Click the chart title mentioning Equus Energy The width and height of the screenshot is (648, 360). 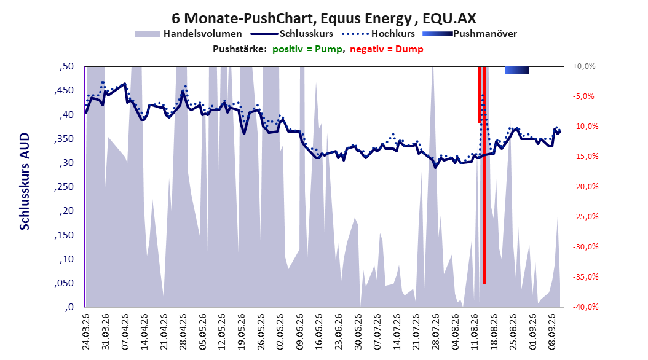[x=324, y=18]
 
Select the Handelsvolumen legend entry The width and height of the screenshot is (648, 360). [x=189, y=34]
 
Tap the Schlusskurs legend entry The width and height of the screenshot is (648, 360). [x=292, y=34]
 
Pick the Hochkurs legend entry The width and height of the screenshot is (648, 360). [x=379, y=34]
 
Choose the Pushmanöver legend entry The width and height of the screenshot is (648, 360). [x=470, y=34]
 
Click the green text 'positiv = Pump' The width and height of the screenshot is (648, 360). [x=307, y=49]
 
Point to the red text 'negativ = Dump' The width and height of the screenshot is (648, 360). [x=387, y=49]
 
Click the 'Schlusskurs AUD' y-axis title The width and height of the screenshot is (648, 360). [x=25, y=181]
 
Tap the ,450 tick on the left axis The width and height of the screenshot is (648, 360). [x=64, y=90]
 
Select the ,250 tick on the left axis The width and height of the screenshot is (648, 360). [x=64, y=187]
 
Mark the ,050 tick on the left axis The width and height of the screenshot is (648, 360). [x=64, y=283]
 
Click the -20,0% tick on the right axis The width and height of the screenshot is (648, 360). [x=585, y=187]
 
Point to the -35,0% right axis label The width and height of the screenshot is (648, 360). [x=585, y=277]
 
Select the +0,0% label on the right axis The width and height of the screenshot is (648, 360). [x=584, y=66]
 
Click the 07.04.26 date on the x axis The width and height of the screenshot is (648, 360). [x=125, y=331]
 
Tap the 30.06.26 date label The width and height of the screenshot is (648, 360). [x=358, y=331]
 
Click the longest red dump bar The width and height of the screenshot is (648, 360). [x=484, y=175]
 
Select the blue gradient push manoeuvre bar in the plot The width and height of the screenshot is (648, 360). [x=517, y=71]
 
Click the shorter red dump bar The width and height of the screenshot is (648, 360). [x=480, y=95]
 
